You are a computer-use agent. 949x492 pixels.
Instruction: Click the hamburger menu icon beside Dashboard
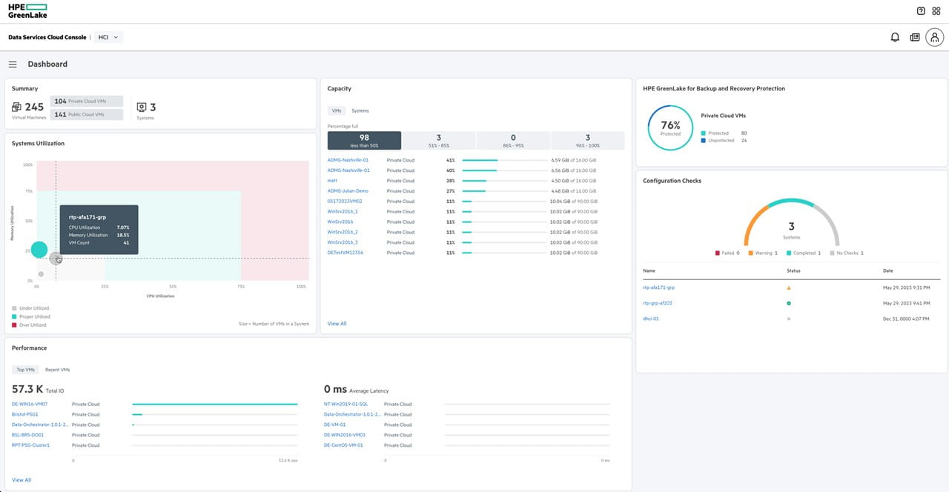13,64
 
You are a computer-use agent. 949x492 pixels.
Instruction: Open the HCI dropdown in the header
108,37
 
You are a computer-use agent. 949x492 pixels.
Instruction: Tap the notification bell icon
895,37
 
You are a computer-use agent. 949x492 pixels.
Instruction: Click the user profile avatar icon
934,37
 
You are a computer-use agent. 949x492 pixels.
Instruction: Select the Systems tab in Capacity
360,111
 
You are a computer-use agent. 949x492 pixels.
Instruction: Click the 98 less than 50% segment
364,140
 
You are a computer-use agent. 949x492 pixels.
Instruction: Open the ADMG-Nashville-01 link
348,160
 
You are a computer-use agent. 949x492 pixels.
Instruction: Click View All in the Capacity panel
337,324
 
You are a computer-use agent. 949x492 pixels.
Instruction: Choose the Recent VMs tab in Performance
57,370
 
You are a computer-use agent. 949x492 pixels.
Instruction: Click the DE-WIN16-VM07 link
30,405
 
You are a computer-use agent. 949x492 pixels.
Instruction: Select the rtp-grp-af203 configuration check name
658,303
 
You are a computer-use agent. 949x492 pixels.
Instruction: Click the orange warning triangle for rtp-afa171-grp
788,287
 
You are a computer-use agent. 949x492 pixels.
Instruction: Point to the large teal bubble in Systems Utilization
39,250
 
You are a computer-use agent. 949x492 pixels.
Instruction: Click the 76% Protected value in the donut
670,127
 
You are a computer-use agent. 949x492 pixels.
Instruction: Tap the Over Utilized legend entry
32,325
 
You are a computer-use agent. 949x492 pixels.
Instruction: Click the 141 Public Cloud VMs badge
87,115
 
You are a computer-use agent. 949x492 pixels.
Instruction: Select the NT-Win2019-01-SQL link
345,405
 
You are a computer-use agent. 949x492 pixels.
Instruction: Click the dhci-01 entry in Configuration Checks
651,319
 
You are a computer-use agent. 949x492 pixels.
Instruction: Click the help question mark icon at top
921,11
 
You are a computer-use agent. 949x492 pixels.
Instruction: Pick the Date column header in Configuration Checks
888,271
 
